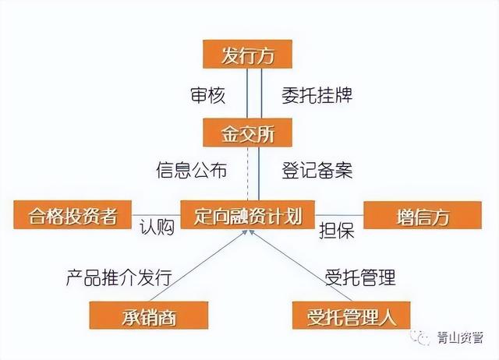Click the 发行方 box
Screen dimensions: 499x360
[x=248, y=54]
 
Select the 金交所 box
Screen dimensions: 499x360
[x=248, y=132]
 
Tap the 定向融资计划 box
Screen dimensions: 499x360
[x=248, y=214]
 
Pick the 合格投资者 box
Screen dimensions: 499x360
[x=73, y=214]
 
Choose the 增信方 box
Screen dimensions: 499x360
[x=423, y=215]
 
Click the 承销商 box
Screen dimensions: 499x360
[x=149, y=315]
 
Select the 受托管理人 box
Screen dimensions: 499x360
[x=351, y=315]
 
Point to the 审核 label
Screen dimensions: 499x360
[x=208, y=95]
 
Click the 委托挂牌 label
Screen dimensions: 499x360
[x=317, y=95]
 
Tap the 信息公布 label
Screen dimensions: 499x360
[x=192, y=170]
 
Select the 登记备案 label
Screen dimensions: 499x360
[x=317, y=170]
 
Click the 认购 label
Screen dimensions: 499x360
[x=157, y=228]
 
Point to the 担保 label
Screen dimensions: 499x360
[x=337, y=230]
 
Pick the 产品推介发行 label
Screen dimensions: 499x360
[x=119, y=277]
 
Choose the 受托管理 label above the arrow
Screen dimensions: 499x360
[x=360, y=277]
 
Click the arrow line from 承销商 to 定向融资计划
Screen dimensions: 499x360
[x=198, y=266]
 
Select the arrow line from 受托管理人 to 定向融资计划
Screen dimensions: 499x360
[x=301, y=266]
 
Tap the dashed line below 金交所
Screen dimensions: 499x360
[x=248, y=174]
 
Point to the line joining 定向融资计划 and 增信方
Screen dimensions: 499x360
[x=339, y=215]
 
